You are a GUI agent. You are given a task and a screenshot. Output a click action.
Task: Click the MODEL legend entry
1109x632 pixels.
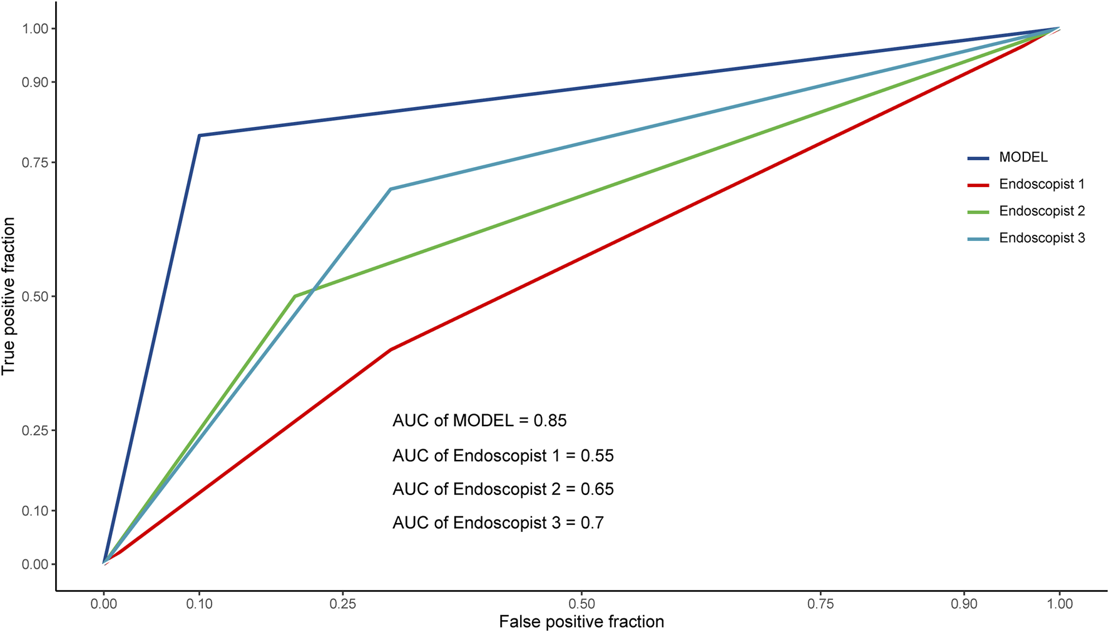coord(1023,158)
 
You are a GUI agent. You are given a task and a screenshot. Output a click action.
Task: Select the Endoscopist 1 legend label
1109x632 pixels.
coord(1041,185)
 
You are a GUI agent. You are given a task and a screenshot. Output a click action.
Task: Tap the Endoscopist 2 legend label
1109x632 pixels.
coord(1041,212)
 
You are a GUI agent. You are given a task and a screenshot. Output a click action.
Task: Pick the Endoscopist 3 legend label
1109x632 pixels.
coord(1041,238)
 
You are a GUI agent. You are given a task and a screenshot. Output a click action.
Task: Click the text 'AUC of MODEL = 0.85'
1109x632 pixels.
coord(479,420)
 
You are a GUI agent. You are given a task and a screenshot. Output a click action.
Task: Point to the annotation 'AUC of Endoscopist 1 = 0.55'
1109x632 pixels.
coord(503,456)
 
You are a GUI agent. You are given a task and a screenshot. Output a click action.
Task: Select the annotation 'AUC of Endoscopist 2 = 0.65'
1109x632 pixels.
coord(503,489)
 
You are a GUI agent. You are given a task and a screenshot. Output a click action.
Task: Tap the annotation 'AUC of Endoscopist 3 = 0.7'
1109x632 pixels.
coord(498,523)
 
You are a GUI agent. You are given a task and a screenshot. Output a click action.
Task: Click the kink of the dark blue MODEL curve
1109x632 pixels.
coord(199,135)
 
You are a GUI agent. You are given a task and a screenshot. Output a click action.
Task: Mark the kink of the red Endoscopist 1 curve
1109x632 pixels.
coord(391,350)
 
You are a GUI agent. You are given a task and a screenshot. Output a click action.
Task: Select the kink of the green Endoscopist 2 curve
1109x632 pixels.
coord(295,296)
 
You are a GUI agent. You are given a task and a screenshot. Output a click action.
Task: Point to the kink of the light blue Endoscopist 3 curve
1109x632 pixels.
coord(391,189)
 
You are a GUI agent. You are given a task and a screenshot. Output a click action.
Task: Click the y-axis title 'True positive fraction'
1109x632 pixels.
coord(9,296)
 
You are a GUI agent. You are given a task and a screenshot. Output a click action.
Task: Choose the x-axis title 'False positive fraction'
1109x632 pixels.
coord(581,622)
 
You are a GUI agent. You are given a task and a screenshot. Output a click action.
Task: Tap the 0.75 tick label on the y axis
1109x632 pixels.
coord(35,163)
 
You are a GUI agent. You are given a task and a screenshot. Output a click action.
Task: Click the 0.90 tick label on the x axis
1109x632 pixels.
coord(964,604)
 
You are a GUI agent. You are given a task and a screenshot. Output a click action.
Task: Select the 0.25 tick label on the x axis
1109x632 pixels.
coord(342,604)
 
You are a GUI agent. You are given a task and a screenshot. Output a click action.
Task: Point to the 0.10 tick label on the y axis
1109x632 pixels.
coord(35,511)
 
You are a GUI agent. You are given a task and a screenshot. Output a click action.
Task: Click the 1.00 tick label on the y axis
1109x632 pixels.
coord(35,29)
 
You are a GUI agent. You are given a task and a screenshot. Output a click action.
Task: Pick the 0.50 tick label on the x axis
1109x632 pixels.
coord(581,604)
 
